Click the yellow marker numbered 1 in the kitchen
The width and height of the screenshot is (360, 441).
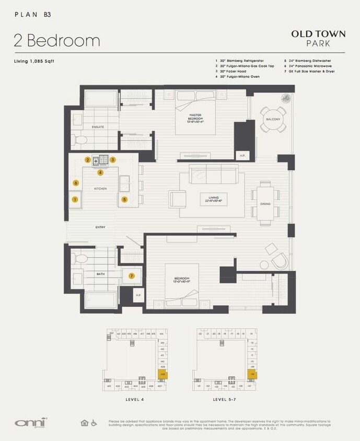pos(75,199)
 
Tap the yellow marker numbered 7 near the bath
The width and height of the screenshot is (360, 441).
pos(132,275)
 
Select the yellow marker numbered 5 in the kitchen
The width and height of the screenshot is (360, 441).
pos(124,199)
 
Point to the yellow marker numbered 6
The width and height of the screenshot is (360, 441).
pos(76,183)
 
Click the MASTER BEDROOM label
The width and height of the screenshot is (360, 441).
pos(195,118)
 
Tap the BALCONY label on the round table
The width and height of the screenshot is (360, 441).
pos(273,119)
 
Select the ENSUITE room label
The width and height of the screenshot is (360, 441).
pos(98,126)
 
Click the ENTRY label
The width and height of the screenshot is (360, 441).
pos(100,227)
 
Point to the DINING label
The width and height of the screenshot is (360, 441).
pos(265,204)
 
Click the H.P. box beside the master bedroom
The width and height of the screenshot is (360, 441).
pos(242,156)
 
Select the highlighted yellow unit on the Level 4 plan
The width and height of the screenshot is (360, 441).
pos(162,375)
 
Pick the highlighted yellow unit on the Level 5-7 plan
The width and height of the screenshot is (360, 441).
pos(252,375)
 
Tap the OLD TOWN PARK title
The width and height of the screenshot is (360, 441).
pos(318,38)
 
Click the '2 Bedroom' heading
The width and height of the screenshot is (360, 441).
pos(57,40)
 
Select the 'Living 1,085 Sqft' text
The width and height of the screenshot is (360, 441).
pos(34,61)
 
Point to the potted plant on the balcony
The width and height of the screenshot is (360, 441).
pos(286,98)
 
